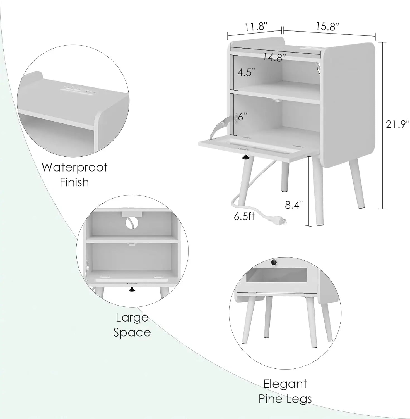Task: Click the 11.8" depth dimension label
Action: click(x=256, y=27)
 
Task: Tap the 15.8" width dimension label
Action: click(x=327, y=27)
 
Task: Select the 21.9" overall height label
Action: click(x=397, y=124)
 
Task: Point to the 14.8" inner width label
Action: click(x=274, y=58)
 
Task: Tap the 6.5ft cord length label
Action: click(x=244, y=216)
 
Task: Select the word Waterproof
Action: click(x=74, y=168)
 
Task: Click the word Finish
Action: click(x=74, y=182)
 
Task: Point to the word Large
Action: click(x=132, y=318)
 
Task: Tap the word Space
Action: click(x=132, y=333)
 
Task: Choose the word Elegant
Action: click(x=285, y=384)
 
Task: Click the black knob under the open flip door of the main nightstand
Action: click(x=245, y=158)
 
